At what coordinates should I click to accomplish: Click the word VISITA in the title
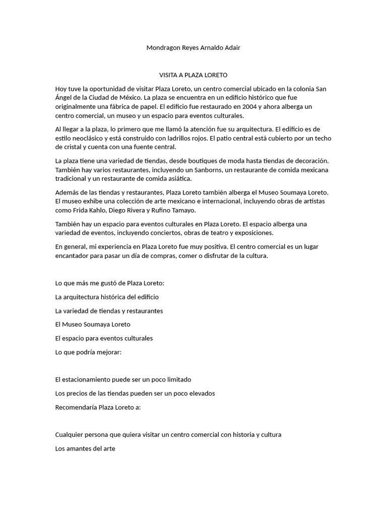click(169, 75)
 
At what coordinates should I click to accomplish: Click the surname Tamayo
click(183, 210)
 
